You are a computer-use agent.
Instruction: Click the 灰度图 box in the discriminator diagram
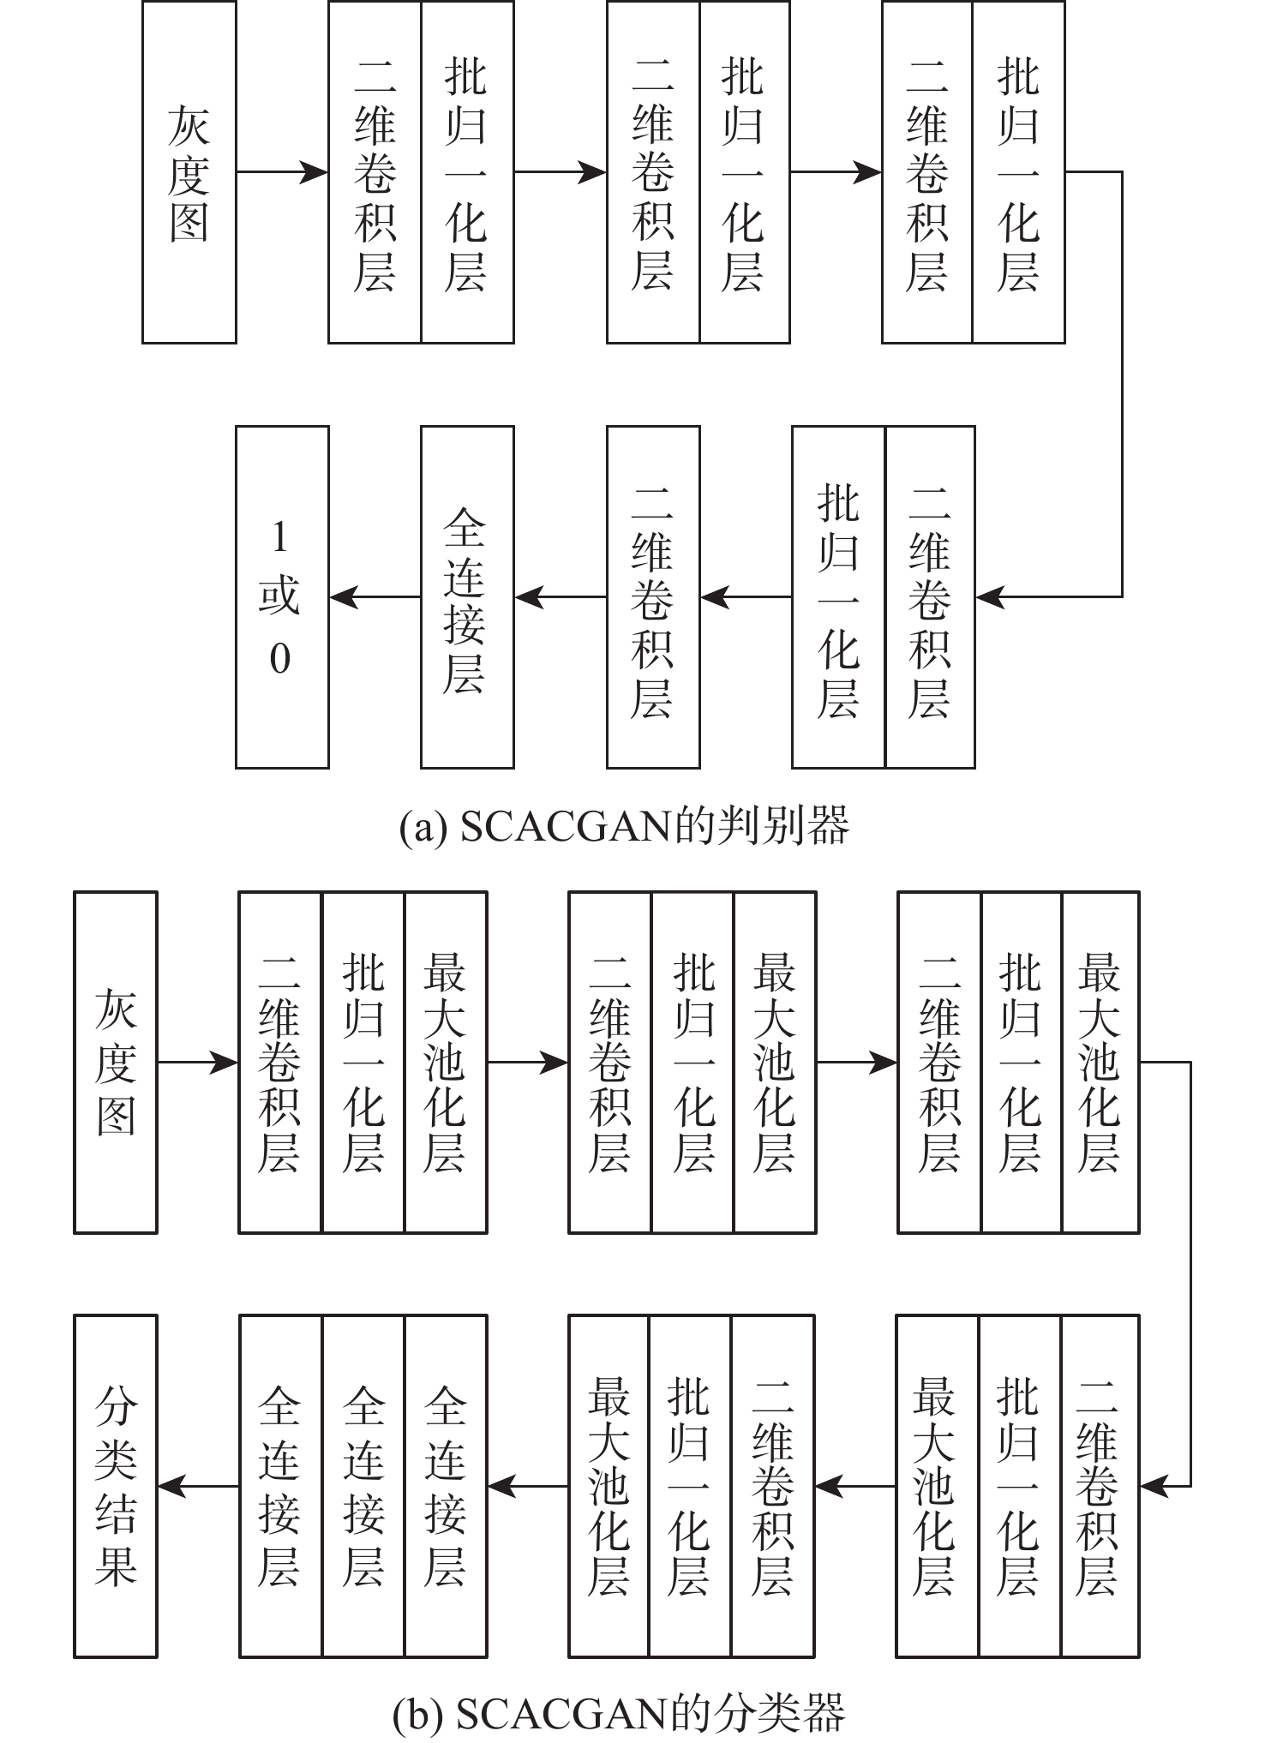(x=189, y=172)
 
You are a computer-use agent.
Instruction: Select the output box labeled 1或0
(x=282, y=597)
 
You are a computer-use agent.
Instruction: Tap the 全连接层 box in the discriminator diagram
(x=467, y=597)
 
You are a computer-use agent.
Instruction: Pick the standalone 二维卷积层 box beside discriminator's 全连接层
(x=653, y=597)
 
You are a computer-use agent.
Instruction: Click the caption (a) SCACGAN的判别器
(x=625, y=827)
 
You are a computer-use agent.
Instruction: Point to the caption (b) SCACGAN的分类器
(x=619, y=1713)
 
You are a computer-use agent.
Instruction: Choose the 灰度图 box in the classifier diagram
(x=116, y=1063)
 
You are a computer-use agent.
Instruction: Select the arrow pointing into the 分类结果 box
(x=198, y=1486)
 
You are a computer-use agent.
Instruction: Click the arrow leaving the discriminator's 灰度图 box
(x=282, y=172)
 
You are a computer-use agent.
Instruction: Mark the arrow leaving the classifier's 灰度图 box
(x=198, y=1063)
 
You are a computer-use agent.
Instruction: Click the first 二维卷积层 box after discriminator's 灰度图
(x=375, y=172)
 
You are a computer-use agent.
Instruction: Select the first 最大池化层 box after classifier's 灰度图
(x=446, y=1063)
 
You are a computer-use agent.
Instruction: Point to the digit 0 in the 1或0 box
(x=280, y=659)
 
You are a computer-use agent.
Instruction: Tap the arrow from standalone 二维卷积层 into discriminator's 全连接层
(x=561, y=597)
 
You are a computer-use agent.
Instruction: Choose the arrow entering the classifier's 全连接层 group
(x=528, y=1486)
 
